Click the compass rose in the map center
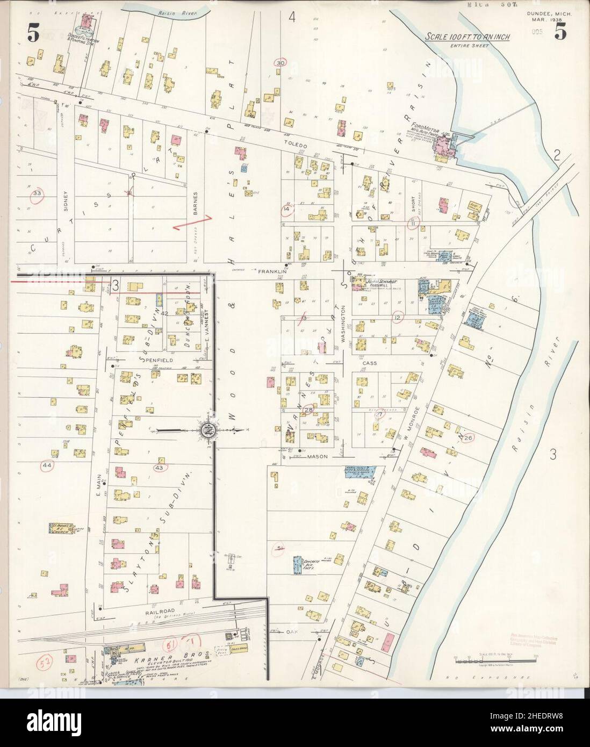click(x=208, y=430)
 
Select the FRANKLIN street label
click(x=270, y=272)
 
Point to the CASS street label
click(x=370, y=363)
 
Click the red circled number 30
click(x=279, y=63)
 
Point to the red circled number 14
click(x=286, y=208)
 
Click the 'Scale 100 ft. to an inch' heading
click(x=467, y=37)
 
